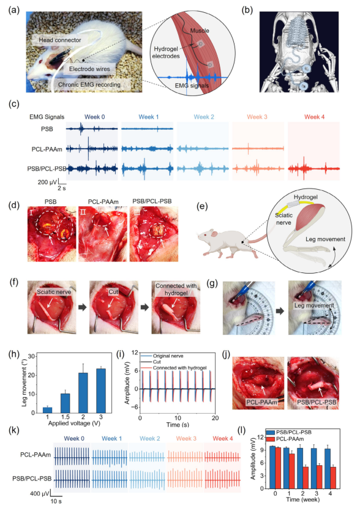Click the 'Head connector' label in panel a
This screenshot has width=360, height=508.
(60, 40)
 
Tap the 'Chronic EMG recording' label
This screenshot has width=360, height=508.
(89, 84)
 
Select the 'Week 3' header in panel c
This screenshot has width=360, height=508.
(257, 117)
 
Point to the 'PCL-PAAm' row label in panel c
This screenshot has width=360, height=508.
(47, 149)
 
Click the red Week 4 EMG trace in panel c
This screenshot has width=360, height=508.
(313, 168)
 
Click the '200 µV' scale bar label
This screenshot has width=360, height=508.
(48, 182)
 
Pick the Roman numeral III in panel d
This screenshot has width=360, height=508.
(135, 212)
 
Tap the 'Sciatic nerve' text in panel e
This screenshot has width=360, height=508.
(283, 219)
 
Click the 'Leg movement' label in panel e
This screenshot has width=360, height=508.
(325, 239)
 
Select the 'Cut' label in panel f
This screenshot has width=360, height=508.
(113, 292)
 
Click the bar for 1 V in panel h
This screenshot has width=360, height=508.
(47, 410)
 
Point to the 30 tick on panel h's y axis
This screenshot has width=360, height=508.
(31, 356)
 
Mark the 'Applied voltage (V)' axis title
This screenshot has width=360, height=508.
(74, 423)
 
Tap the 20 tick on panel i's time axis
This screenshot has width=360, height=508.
(215, 417)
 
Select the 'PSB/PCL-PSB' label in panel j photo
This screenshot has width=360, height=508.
(317, 402)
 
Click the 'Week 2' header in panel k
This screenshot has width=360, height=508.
(150, 438)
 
